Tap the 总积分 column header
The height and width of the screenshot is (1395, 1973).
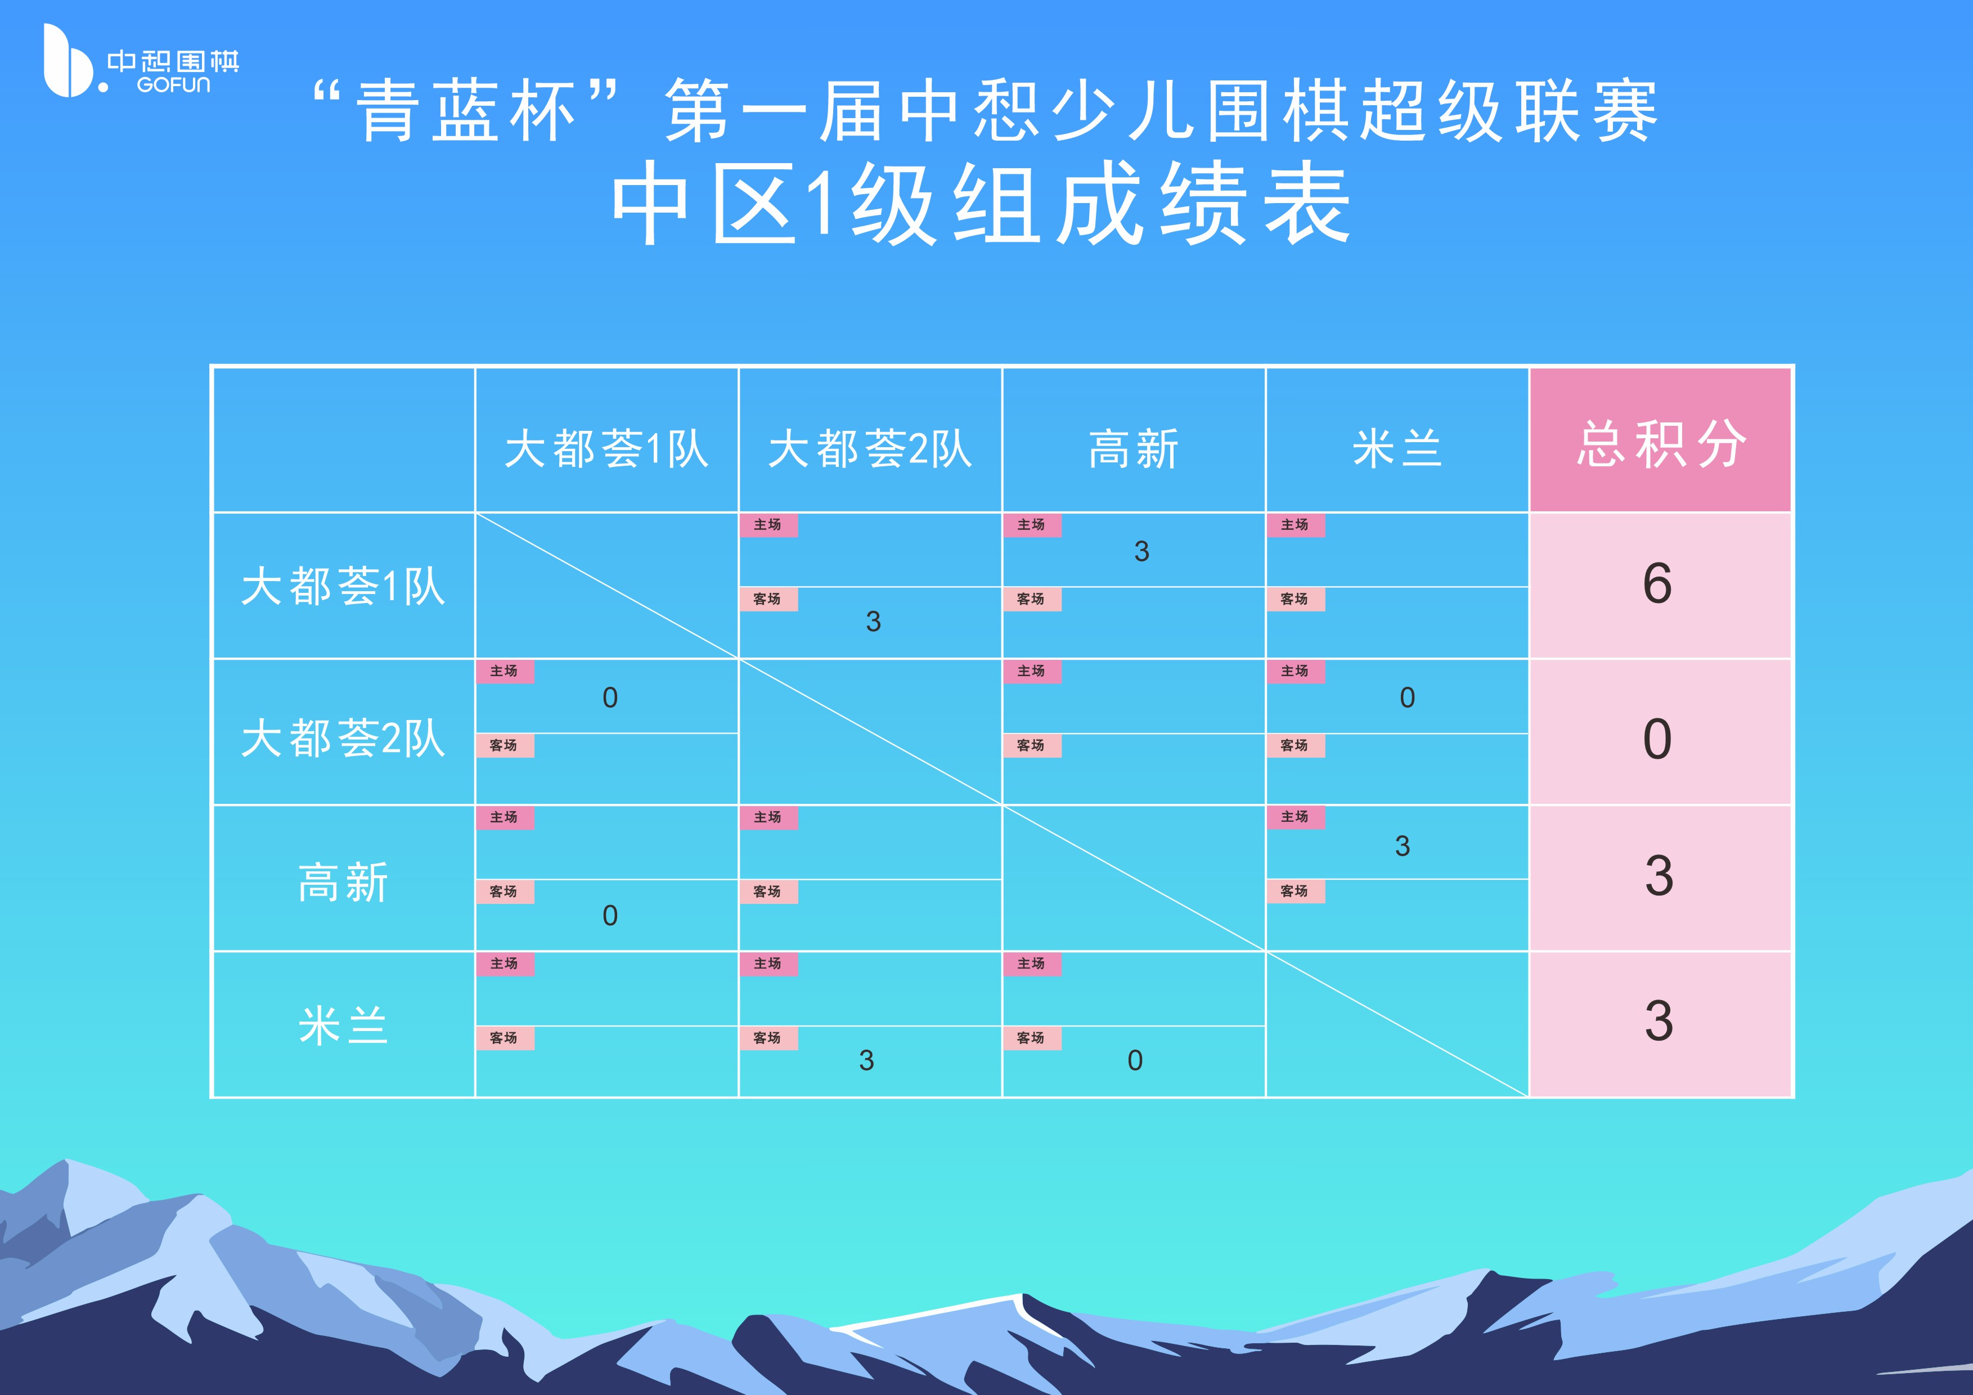coord(1660,444)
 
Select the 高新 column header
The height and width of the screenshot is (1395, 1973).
coord(1134,448)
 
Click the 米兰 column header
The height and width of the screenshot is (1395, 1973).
coord(1396,448)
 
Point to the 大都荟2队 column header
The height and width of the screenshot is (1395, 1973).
coord(870,448)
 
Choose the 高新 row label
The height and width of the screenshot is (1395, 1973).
coord(343,882)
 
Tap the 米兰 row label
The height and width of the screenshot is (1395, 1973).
coord(343,1025)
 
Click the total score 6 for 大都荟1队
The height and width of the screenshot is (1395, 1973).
coord(1657,584)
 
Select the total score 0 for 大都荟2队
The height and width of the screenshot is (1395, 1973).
coord(1657,739)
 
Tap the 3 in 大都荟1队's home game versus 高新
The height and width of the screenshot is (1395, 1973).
coord(1141,551)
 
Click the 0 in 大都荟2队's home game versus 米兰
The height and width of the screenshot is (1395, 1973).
coord(1406,697)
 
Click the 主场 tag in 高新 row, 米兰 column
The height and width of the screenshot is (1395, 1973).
coord(1295,817)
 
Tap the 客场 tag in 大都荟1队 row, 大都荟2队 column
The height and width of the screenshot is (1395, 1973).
coord(768,598)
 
